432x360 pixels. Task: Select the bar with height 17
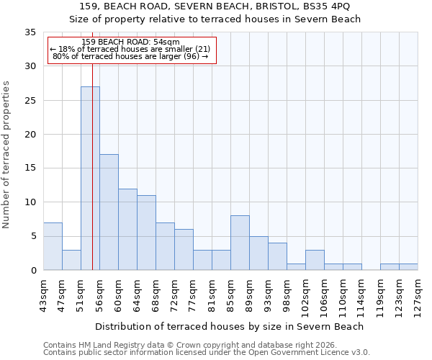pos(109,212)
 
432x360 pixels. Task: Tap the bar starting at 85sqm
pos(240,243)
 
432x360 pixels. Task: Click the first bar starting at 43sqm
pos(53,246)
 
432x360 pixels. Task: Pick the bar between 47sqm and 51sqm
pos(71,260)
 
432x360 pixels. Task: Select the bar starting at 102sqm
pos(315,260)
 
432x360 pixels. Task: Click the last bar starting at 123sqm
pos(408,266)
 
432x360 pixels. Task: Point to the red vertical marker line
pos(93,180)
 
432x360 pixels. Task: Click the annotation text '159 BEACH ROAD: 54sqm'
pos(131,42)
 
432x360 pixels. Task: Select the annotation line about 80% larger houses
pos(131,56)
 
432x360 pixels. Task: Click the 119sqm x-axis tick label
pos(380,294)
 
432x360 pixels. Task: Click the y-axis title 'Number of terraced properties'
pos(6,155)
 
